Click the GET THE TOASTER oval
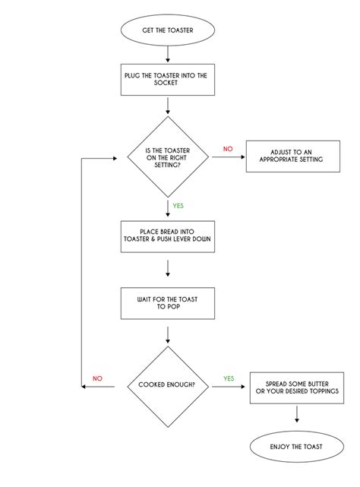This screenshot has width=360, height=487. click(x=166, y=30)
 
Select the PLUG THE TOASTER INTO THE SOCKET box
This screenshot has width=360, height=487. click(x=166, y=80)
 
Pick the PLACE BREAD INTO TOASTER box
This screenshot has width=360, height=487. click(x=166, y=237)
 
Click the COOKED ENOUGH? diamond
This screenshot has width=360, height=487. click(x=166, y=385)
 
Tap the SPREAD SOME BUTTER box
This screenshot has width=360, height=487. click(x=296, y=386)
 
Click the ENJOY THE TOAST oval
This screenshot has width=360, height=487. click(x=296, y=447)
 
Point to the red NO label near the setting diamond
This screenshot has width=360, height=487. click(x=228, y=148)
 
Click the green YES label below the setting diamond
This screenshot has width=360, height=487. click(x=178, y=205)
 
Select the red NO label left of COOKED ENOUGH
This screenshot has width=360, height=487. click(x=97, y=378)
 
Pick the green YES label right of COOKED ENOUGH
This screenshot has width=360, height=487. click(x=228, y=378)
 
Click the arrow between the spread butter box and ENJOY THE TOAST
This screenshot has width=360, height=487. click(x=296, y=416)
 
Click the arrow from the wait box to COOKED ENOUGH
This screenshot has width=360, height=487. click(x=166, y=334)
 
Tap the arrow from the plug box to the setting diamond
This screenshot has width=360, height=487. click(x=166, y=106)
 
